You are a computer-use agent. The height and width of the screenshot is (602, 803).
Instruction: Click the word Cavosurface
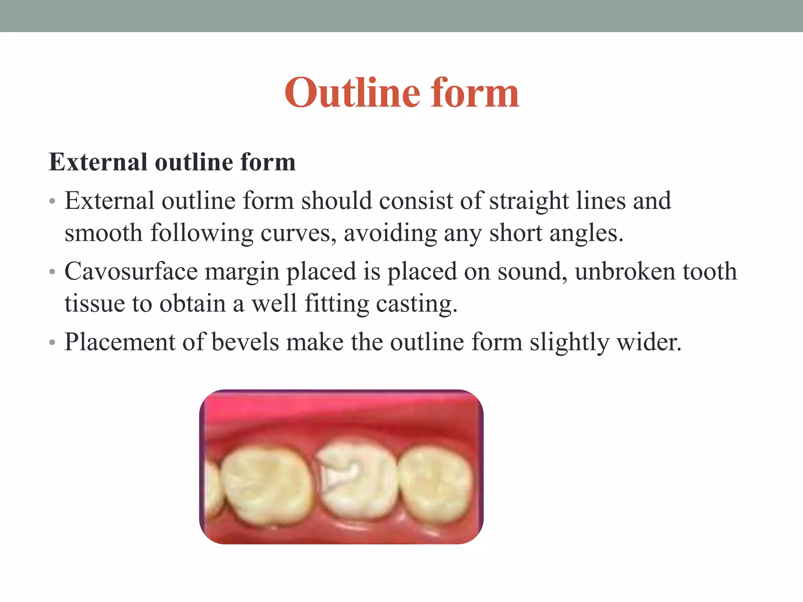(x=131, y=271)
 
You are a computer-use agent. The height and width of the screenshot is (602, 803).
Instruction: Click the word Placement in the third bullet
(x=120, y=342)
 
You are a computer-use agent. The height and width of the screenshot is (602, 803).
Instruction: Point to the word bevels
(x=245, y=342)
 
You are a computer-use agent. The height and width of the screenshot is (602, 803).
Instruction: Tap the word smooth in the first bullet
(x=104, y=233)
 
